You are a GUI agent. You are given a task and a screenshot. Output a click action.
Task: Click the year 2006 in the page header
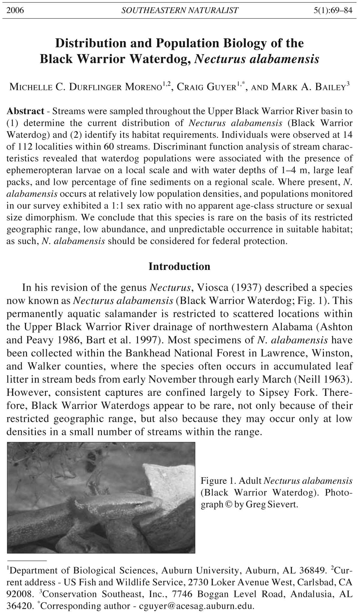pyautogui.click(x=15, y=11)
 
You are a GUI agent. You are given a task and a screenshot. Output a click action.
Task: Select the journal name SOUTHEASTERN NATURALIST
pyautogui.click(x=180, y=11)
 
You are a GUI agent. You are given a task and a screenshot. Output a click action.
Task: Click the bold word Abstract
pyautogui.click(x=25, y=111)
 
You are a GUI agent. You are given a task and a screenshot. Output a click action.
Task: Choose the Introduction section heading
pyautogui.click(x=179, y=266)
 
